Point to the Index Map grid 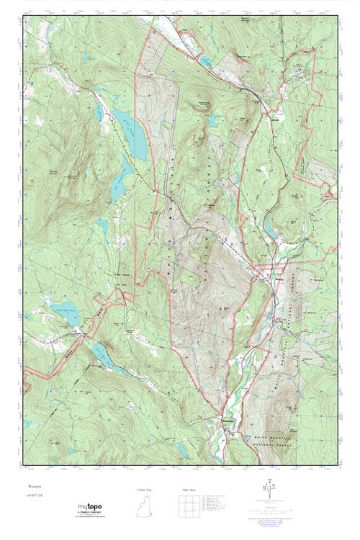coord(189,508)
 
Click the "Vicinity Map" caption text coord(145,489)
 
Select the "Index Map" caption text coord(189,489)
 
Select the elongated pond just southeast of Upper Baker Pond coord(101,353)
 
